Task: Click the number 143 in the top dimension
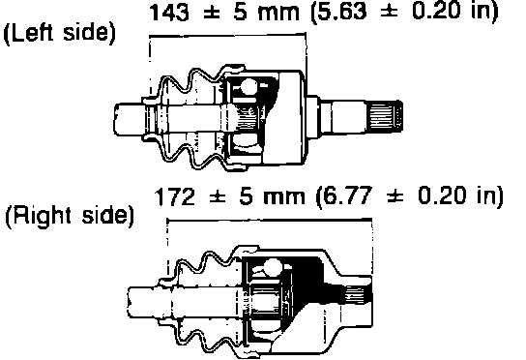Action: (x=169, y=13)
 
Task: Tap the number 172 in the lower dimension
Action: (x=175, y=196)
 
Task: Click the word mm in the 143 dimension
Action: (x=278, y=15)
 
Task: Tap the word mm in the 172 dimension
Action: (x=284, y=198)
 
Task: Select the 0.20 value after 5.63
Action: (x=437, y=12)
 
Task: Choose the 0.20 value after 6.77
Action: (x=443, y=195)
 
